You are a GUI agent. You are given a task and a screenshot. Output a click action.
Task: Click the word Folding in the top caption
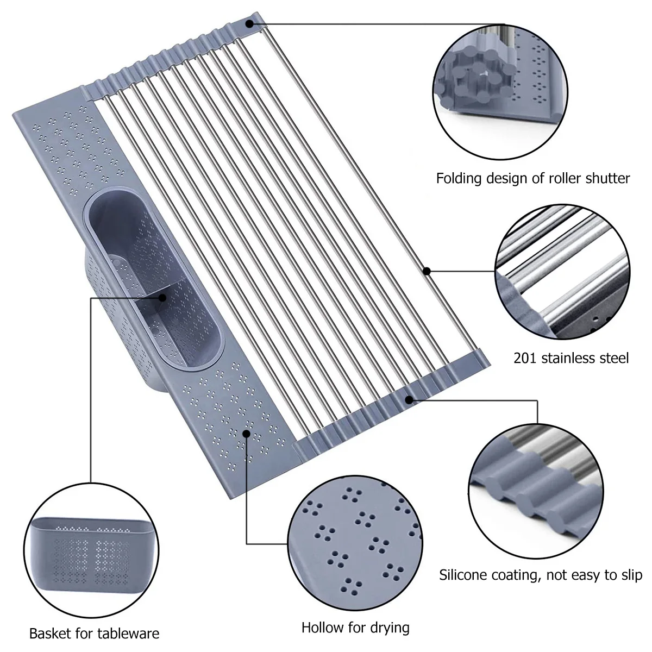459,179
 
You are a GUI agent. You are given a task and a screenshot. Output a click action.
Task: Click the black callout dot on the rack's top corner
249,24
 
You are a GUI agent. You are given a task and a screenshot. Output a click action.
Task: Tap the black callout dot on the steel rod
427,271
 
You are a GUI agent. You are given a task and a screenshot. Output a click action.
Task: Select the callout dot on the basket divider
162,298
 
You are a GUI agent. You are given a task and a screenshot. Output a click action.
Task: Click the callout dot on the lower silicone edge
409,400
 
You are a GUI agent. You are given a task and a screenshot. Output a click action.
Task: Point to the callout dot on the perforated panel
247,434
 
